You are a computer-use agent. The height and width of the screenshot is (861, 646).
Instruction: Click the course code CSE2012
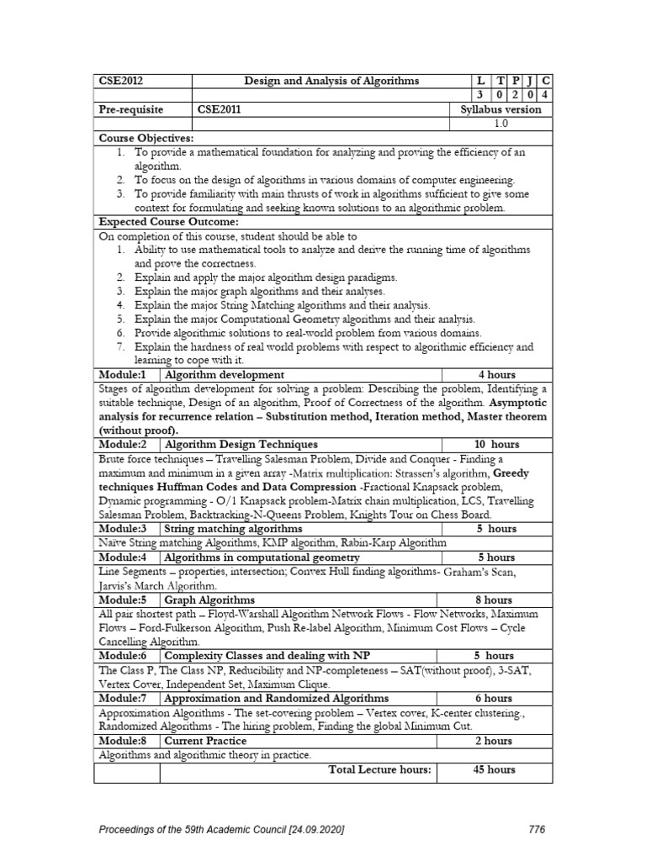point(121,81)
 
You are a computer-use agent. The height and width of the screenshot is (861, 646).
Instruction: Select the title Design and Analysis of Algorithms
point(331,81)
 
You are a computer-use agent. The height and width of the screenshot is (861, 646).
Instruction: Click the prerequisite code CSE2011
point(217,109)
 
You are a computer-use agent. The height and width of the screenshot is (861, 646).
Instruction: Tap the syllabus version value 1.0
point(501,124)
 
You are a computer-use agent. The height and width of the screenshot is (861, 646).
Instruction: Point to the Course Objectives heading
point(146,137)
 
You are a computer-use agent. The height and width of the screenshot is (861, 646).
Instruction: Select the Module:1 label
point(123,374)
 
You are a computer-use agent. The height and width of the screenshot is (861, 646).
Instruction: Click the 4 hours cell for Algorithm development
point(496,374)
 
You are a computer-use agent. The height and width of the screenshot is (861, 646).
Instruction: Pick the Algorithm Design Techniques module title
point(241,444)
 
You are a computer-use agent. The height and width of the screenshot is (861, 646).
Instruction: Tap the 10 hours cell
point(496,444)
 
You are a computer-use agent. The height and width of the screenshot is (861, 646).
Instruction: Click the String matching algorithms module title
point(233,529)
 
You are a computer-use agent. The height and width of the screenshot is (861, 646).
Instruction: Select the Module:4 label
point(123,557)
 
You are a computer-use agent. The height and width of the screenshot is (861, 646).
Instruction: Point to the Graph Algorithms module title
point(209,600)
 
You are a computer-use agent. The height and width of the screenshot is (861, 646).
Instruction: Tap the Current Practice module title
point(206,741)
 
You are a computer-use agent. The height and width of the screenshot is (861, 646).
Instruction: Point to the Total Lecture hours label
point(379,769)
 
